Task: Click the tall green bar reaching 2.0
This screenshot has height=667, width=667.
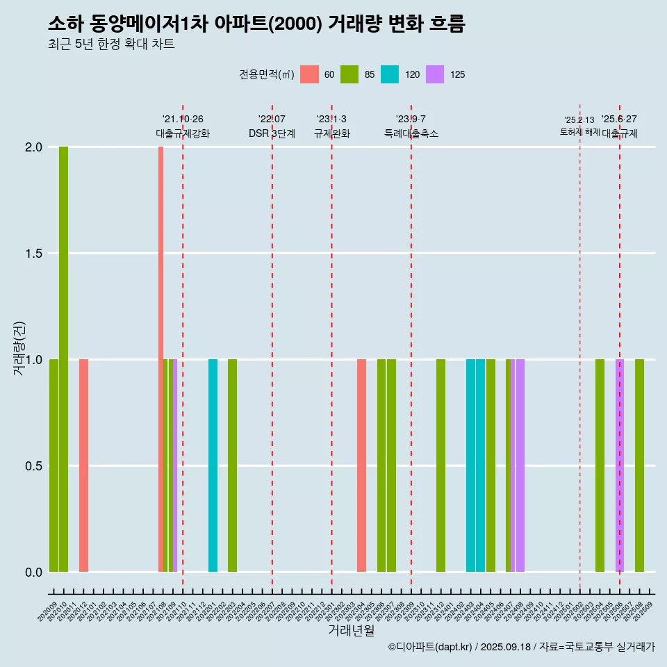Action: (x=63, y=359)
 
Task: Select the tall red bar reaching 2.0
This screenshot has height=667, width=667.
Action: (x=160, y=359)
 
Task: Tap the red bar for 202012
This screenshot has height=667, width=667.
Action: (x=83, y=466)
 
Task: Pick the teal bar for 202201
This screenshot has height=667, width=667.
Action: (x=213, y=466)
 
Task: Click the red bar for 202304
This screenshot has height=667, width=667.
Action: (x=361, y=466)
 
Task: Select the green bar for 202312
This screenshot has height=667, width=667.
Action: (x=440, y=466)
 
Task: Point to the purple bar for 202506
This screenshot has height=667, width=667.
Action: (x=619, y=466)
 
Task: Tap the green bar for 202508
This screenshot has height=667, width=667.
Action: (x=639, y=466)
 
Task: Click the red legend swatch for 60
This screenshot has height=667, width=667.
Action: (x=309, y=74)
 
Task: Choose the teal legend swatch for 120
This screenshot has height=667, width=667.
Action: (x=390, y=74)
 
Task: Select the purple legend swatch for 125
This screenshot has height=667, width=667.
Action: (x=434, y=74)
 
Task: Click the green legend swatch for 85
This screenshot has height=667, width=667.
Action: (x=349, y=74)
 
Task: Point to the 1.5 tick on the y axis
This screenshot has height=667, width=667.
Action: (x=34, y=254)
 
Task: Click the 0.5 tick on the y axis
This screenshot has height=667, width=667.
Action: (x=34, y=466)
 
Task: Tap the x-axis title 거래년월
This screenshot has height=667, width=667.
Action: (x=351, y=631)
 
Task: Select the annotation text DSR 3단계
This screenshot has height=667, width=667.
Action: (x=272, y=133)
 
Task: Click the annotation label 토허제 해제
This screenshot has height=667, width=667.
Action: (x=579, y=132)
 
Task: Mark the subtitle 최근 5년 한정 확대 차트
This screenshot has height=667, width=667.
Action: (x=111, y=44)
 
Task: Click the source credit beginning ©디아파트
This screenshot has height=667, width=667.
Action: (x=521, y=647)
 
